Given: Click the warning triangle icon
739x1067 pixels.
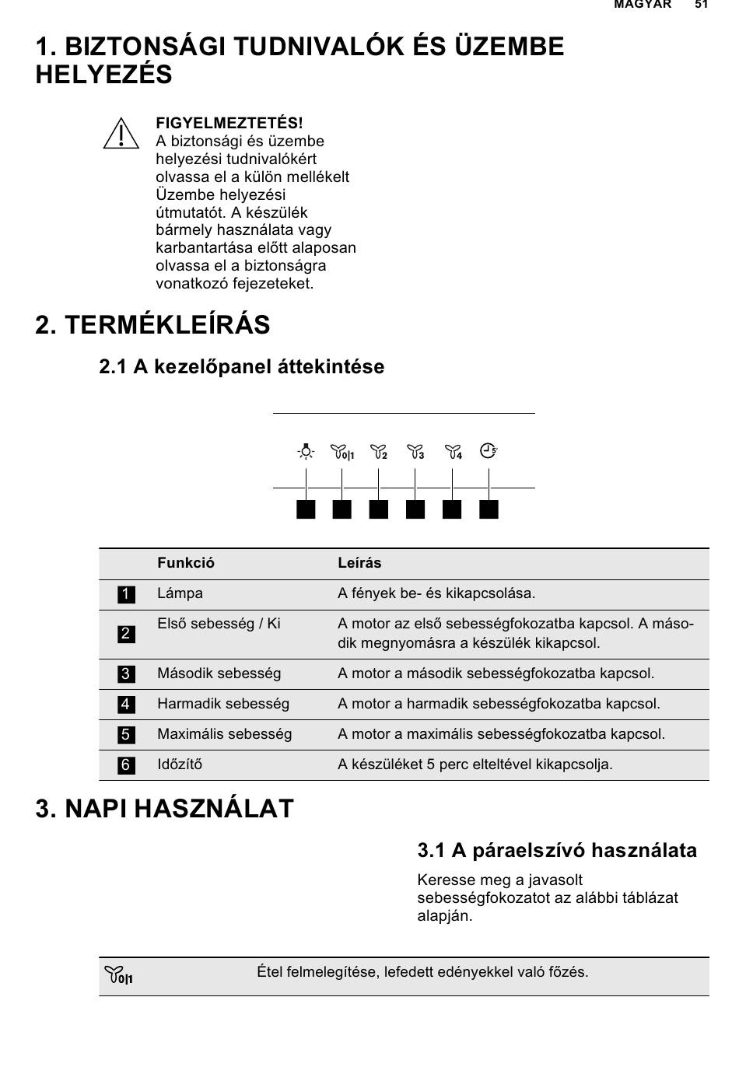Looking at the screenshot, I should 121,134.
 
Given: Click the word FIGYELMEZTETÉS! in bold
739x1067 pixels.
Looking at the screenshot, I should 229,123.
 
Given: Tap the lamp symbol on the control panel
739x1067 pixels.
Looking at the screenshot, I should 306,451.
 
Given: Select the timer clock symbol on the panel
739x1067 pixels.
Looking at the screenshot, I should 489,450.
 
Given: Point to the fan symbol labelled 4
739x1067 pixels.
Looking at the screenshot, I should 453,451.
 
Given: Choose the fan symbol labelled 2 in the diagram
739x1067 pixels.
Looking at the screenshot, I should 379,451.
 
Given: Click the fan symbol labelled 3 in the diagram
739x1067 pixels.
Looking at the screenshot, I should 415,451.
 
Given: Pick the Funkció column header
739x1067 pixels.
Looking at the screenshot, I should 186,563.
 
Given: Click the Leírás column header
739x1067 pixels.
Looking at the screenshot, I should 359,563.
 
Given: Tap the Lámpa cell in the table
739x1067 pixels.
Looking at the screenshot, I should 180,593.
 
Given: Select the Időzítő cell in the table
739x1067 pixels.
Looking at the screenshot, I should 180,764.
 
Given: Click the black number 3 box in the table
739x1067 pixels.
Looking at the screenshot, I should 126,674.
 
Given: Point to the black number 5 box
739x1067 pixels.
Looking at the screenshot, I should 126,735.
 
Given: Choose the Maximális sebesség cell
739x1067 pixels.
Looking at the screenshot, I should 224,734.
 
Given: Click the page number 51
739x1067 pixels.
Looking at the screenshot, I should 702,5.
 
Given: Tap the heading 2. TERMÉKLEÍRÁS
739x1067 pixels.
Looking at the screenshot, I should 152,325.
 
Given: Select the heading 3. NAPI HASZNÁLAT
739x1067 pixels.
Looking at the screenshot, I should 164,809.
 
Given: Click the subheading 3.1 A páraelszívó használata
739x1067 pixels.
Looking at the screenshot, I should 557,851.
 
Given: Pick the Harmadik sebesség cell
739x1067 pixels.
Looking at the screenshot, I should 222,704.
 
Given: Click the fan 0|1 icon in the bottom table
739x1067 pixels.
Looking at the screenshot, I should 118,974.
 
